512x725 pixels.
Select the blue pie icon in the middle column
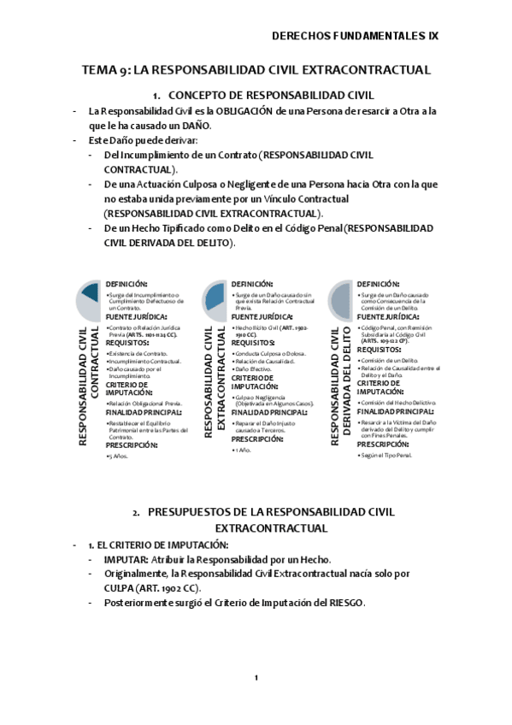pyautogui.click(x=215, y=296)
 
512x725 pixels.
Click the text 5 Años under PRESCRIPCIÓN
pyautogui.click(x=118, y=457)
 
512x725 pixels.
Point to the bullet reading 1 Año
pyautogui.click(x=242, y=450)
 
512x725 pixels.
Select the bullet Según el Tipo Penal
pyautogui.click(x=386, y=455)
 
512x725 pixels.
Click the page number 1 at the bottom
pyautogui.click(x=256, y=677)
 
